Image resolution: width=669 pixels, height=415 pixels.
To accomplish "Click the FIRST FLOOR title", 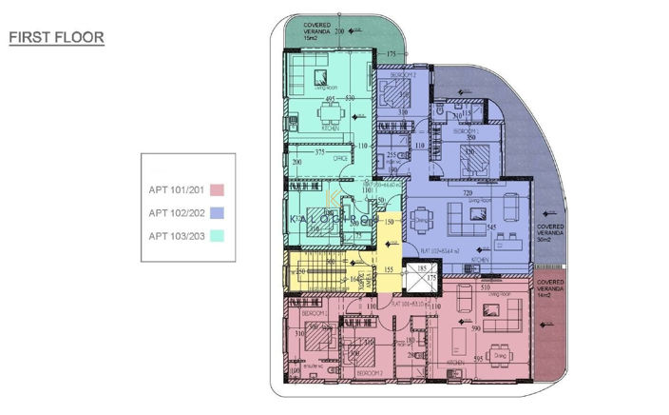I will (56, 38).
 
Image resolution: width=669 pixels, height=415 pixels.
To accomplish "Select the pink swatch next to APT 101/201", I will (217, 190).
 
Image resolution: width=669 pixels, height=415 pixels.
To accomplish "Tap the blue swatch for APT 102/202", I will (217, 213).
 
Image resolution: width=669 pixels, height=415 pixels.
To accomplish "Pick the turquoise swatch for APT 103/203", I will (217, 236).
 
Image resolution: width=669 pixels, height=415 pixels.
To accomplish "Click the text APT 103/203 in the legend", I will (178, 236).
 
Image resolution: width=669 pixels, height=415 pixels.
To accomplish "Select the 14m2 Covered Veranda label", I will (550, 289).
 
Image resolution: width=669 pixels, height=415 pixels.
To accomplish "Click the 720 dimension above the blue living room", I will (467, 192).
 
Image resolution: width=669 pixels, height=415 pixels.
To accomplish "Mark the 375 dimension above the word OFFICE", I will (320, 151).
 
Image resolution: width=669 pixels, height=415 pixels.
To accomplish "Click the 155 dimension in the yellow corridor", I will (390, 270).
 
